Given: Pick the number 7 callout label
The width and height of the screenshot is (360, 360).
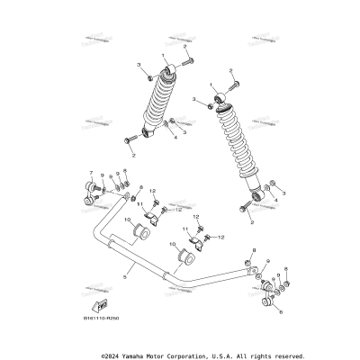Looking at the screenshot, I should [90, 171].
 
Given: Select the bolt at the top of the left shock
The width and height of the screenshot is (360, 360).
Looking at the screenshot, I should [191, 61].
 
